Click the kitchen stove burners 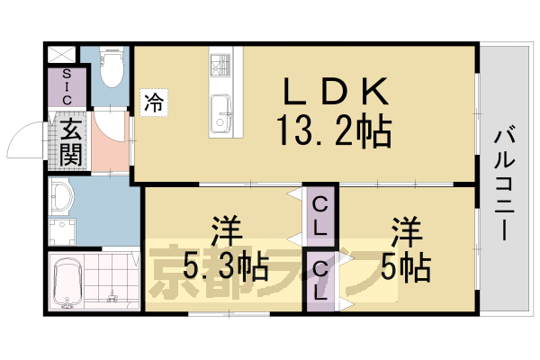click(222, 64)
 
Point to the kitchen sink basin click(222, 115)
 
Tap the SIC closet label click(63, 86)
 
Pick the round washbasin click(64, 196)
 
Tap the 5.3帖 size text click(225, 266)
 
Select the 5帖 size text click(405, 266)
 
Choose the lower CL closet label click(320, 280)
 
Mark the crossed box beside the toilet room click(63, 53)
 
